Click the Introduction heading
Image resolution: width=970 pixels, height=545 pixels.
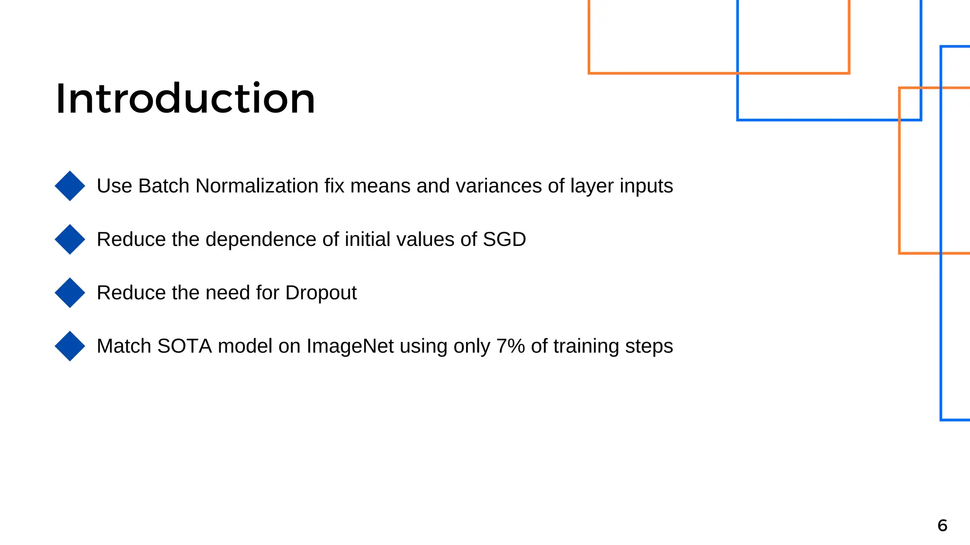[x=185, y=99]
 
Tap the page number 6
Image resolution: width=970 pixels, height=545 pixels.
[x=942, y=526]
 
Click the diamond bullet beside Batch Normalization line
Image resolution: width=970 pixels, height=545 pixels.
[x=70, y=186]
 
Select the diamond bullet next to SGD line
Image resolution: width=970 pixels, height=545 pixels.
[x=70, y=239]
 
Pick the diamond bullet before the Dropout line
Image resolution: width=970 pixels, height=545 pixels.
[x=70, y=293]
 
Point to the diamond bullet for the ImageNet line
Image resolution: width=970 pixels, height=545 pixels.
[x=70, y=346]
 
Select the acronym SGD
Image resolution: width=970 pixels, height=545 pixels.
[x=504, y=239]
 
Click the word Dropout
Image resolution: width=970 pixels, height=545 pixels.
[x=321, y=293]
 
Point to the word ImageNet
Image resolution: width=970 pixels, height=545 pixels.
[x=350, y=347]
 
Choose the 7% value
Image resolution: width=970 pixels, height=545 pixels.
[x=511, y=346]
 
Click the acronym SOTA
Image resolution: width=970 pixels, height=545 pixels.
[x=184, y=346]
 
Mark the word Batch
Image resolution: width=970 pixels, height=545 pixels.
[x=163, y=186]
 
